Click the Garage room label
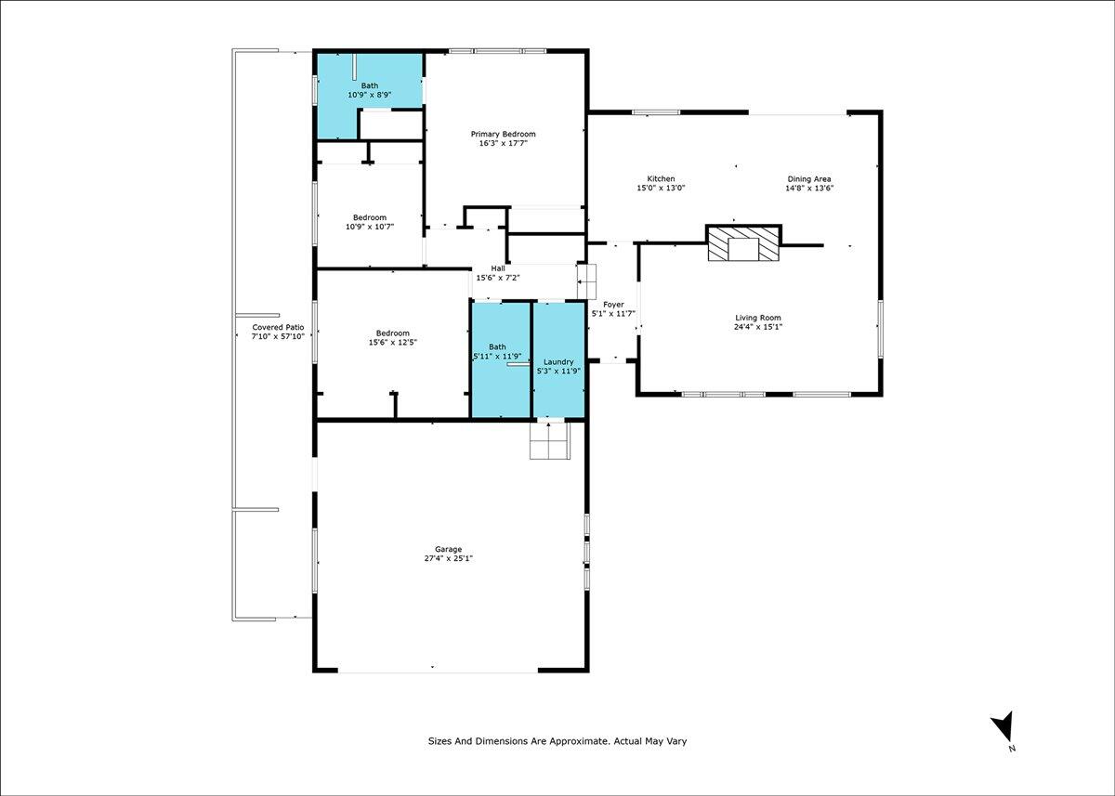coord(448,549)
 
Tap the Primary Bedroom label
coord(504,134)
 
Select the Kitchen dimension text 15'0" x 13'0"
coord(661,188)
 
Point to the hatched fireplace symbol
coord(743,242)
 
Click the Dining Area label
coord(809,179)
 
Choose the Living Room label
coord(758,318)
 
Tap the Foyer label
coord(613,305)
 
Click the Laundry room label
coord(558,361)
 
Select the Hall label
coord(498,268)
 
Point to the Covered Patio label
coord(278,327)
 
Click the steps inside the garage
coord(549,440)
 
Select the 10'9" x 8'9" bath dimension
coord(370,95)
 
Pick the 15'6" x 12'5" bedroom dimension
coord(393,343)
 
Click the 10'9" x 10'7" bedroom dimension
coord(370,227)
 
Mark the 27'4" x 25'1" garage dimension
coord(448,558)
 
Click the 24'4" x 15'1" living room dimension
coord(758,327)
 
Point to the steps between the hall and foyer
coord(586,281)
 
